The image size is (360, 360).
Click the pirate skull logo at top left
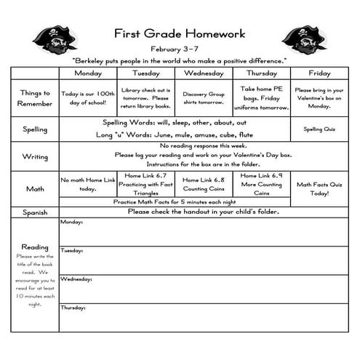[x=55, y=41]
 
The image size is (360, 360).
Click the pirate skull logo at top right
[x=303, y=41]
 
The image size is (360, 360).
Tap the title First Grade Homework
[x=179, y=33]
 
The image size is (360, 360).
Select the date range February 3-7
[x=179, y=47]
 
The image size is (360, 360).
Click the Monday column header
[x=88, y=73]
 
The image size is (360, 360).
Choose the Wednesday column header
[x=204, y=73]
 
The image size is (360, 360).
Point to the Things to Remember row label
[x=35, y=98]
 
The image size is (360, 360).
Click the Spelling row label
[x=35, y=129]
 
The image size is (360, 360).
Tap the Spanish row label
[x=35, y=212]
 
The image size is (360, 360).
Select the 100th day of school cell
[x=88, y=98]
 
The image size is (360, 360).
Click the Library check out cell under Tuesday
[x=145, y=98]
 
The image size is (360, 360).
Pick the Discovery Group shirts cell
[x=204, y=98]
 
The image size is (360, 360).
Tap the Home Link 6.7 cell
[x=145, y=184]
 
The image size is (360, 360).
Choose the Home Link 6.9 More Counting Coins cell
[x=262, y=184]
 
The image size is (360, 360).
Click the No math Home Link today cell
[x=88, y=184]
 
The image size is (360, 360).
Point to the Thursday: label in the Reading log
[x=74, y=308]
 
